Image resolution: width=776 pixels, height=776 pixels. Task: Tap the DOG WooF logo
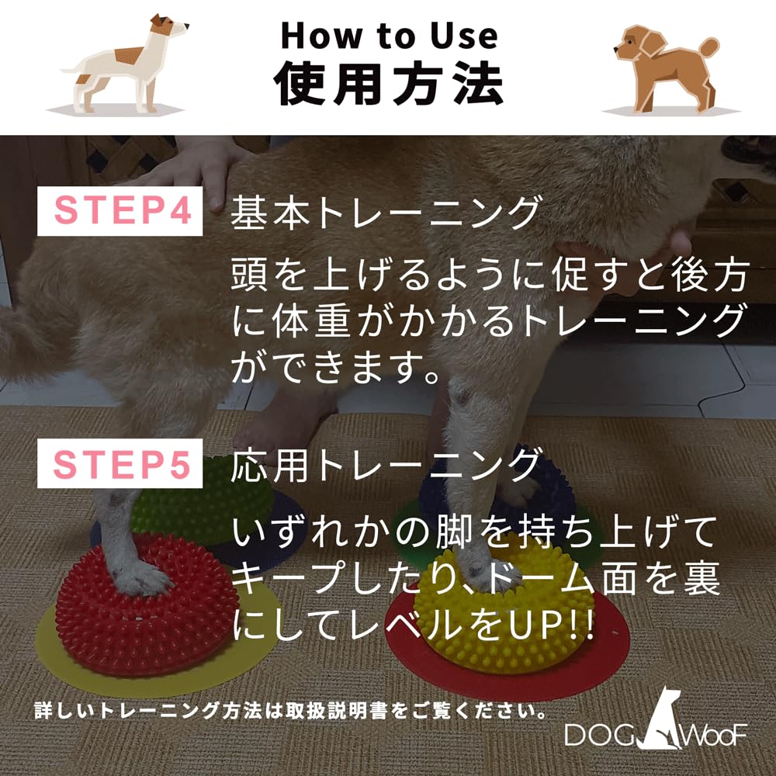(656, 726)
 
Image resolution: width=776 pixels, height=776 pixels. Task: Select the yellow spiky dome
(504, 621)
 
